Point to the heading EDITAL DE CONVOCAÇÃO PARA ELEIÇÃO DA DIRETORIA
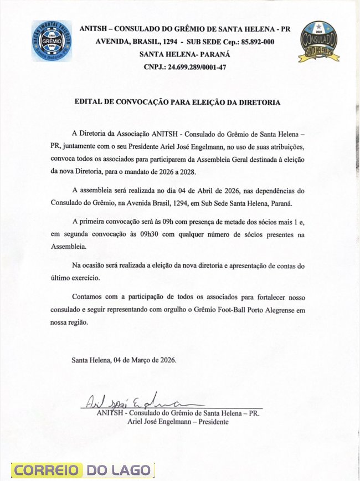click(178, 103)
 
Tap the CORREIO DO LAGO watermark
click(84, 470)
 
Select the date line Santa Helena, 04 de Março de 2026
click(124, 360)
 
